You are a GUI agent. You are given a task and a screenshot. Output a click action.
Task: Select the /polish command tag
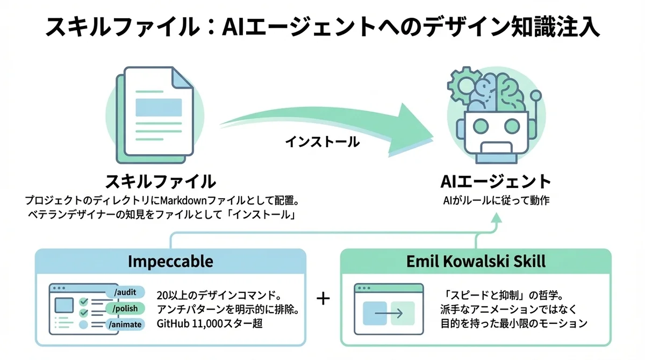coord(126,309)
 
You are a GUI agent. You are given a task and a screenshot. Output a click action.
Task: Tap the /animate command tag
coord(125,325)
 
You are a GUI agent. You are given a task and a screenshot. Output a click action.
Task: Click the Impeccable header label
coord(170,262)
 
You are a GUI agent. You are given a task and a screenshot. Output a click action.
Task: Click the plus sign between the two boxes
coord(323,299)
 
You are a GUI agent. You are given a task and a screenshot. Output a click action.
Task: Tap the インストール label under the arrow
coord(322,142)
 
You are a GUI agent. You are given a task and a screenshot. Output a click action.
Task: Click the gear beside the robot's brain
coord(460,86)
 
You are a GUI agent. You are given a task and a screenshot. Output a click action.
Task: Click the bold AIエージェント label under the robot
coord(496,181)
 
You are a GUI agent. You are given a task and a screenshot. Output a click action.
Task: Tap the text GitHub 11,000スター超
coord(210,324)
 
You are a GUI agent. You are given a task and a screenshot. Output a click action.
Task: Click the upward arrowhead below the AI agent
coord(496,217)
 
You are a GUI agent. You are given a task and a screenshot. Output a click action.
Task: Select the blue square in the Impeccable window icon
coord(64,305)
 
